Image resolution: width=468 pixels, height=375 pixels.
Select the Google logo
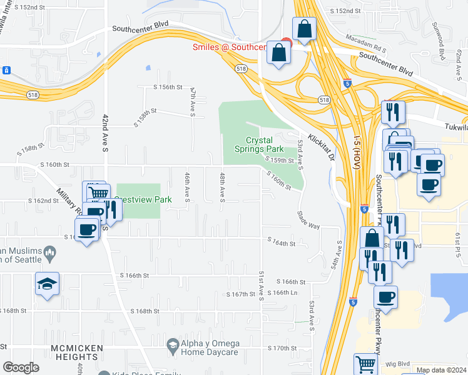[21, 367]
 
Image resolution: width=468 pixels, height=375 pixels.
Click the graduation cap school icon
[48, 284]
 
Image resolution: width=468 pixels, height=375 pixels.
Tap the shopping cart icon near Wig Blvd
[365, 364]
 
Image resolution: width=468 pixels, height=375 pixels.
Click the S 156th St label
[168, 87]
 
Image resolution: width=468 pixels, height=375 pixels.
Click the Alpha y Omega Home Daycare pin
[173, 344]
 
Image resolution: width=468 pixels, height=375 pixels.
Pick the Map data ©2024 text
[440, 371]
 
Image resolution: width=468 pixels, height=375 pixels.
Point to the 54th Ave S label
[336, 256]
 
